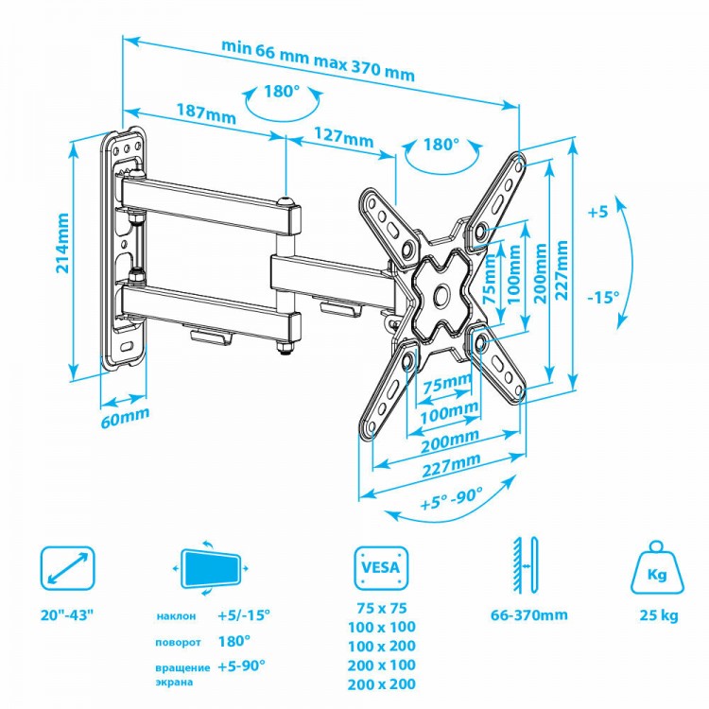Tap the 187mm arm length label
click(x=206, y=113)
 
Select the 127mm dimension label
click(x=344, y=137)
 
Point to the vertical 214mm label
click(x=62, y=243)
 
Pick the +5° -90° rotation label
click(x=451, y=498)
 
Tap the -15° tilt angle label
click(x=604, y=297)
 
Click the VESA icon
click(x=381, y=568)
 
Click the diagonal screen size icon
click(x=68, y=568)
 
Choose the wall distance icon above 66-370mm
click(x=525, y=565)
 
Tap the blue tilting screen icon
click(x=211, y=568)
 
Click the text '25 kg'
click(x=659, y=615)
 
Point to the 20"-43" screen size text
click(x=67, y=615)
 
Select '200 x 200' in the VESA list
click(x=382, y=683)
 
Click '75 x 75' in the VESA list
click(x=382, y=608)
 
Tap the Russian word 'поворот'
click(x=178, y=643)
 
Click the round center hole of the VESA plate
click(x=441, y=295)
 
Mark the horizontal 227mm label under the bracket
click(x=451, y=465)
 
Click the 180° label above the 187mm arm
click(x=282, y=92)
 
